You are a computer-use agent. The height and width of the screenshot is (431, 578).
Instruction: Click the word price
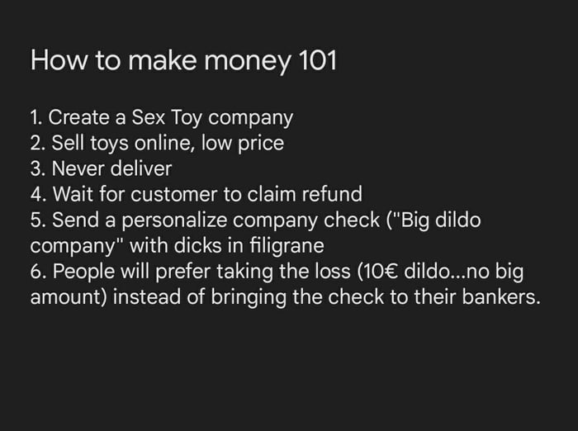click(x=255, y=144)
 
